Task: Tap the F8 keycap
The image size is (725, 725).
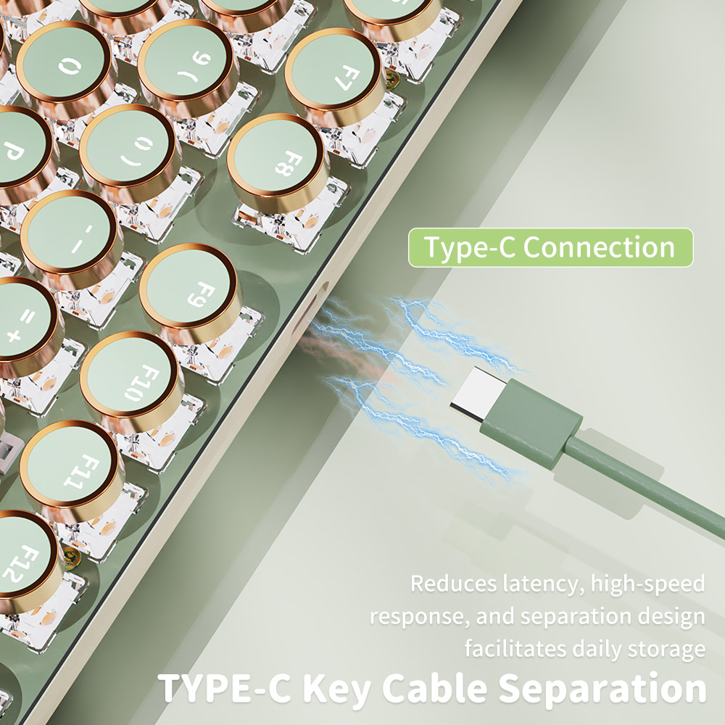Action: [278, 161]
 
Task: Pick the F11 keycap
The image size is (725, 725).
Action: [70, 468]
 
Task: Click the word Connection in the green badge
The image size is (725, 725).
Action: [599, 248]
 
